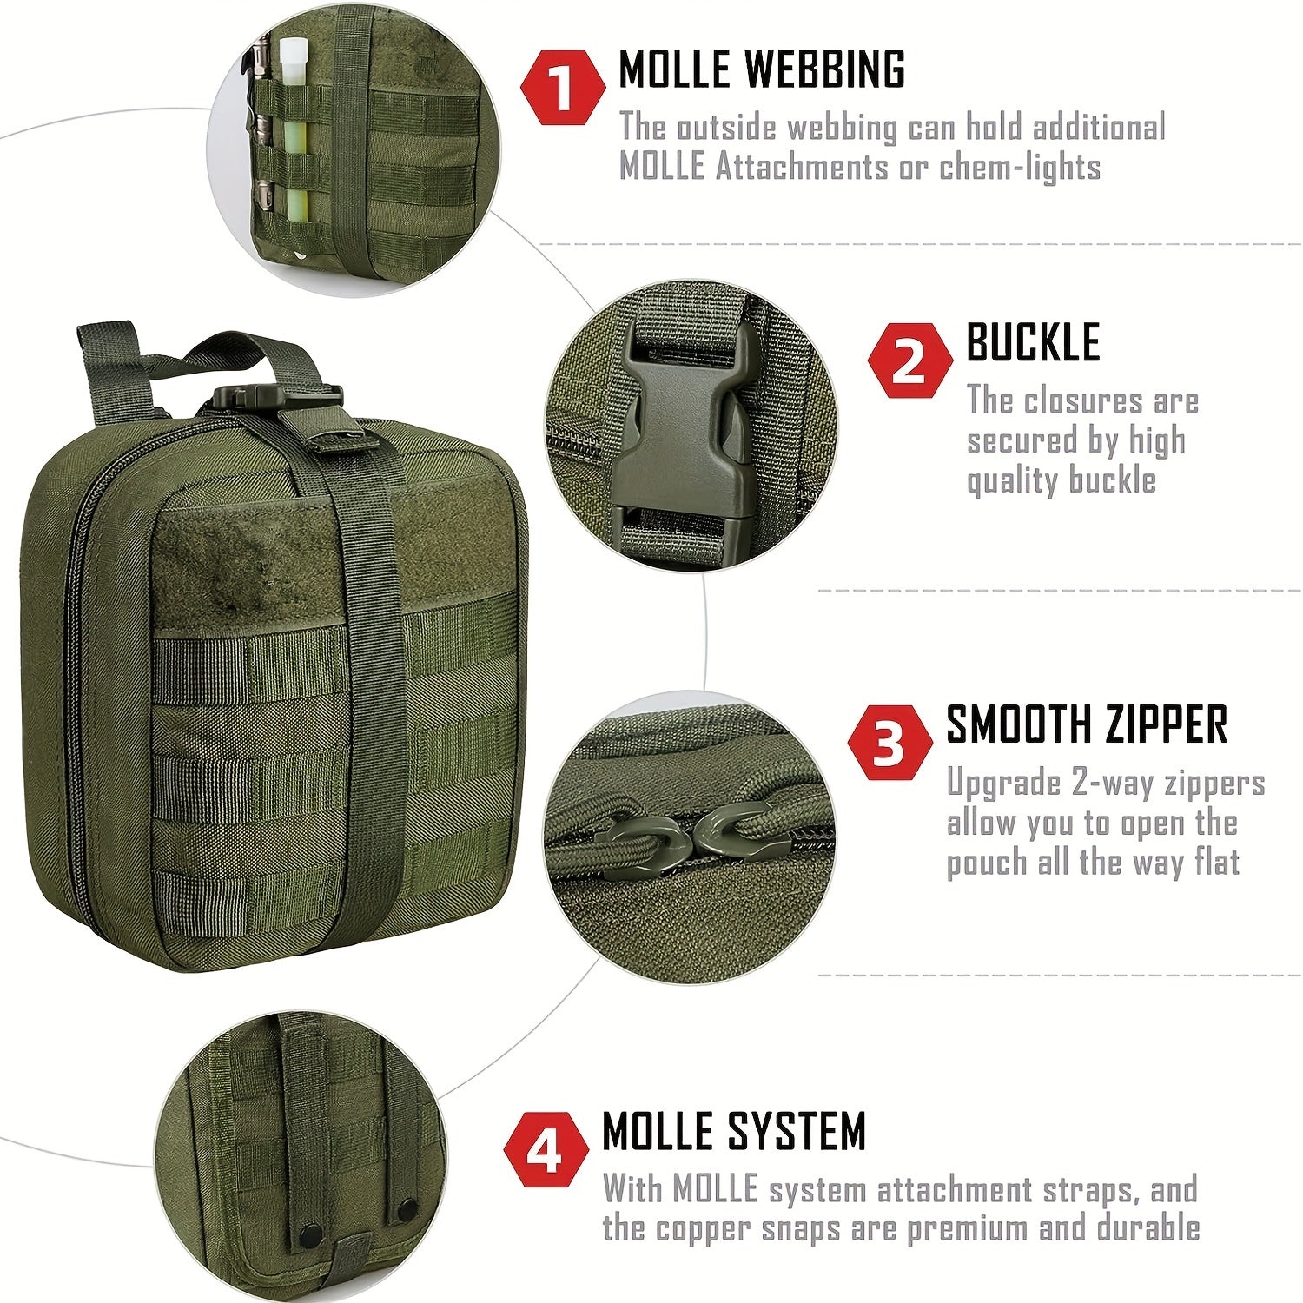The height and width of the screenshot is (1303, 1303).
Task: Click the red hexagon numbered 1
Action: tap(562, 86)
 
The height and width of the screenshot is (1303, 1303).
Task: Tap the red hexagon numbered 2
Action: tap(909, 360)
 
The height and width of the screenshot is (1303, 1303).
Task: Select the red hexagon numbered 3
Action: tap(889, 743)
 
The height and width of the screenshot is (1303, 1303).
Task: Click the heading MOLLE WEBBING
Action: tap(761, 69)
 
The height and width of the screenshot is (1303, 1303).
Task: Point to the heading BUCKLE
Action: tap(1033, 342)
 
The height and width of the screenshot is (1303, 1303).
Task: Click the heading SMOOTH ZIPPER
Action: tap(1087, 724)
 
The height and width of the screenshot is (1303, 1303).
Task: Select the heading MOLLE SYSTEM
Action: tap(734, 1131)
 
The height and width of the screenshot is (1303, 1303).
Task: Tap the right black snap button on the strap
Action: tap(406, 1208)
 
